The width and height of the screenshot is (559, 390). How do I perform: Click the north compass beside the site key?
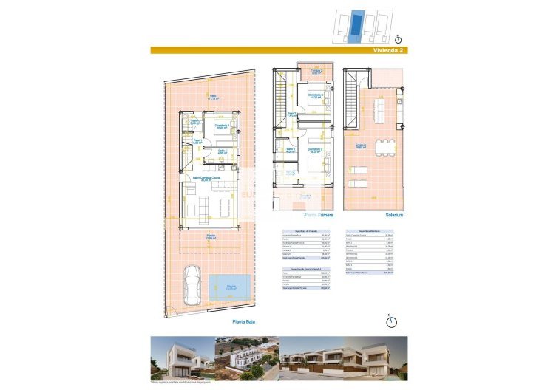[x=399, y=38]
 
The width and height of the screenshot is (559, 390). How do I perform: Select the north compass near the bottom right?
[x=391, y=321]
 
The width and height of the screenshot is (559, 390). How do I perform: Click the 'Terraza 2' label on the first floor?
[x=316, y=72]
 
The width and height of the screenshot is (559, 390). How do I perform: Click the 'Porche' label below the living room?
[x=211, y=237]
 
